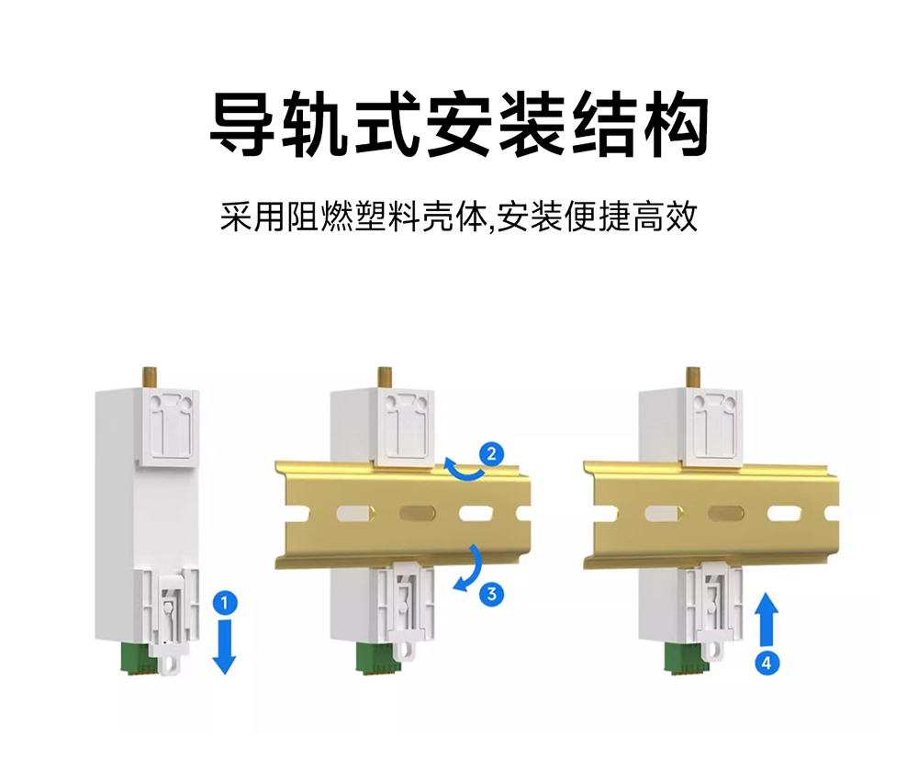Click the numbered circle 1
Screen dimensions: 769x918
[x=224, y=603]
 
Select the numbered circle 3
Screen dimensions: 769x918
[x=492, y=594]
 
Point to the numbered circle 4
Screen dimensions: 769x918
[x=764, y=660]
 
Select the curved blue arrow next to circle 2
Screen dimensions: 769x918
[x=463, y=469]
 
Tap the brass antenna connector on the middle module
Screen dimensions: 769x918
[x=384, y=376]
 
